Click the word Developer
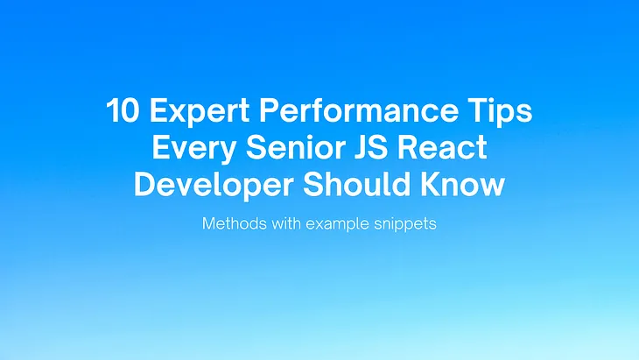[x=205, y=185]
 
